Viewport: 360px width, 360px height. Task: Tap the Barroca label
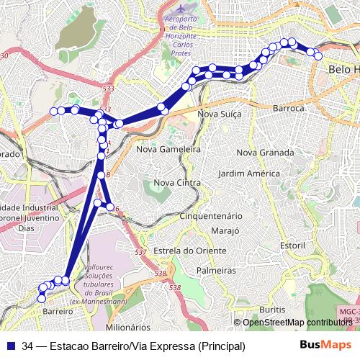click(x=291, y=108)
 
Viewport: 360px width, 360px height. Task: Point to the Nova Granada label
click(x=265, y=153)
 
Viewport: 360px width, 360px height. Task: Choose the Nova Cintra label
click(x=177, y=183)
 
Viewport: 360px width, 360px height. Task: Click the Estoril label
click(x=293, y=245)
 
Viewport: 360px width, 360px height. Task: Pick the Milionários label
click(x=127, y=326)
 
